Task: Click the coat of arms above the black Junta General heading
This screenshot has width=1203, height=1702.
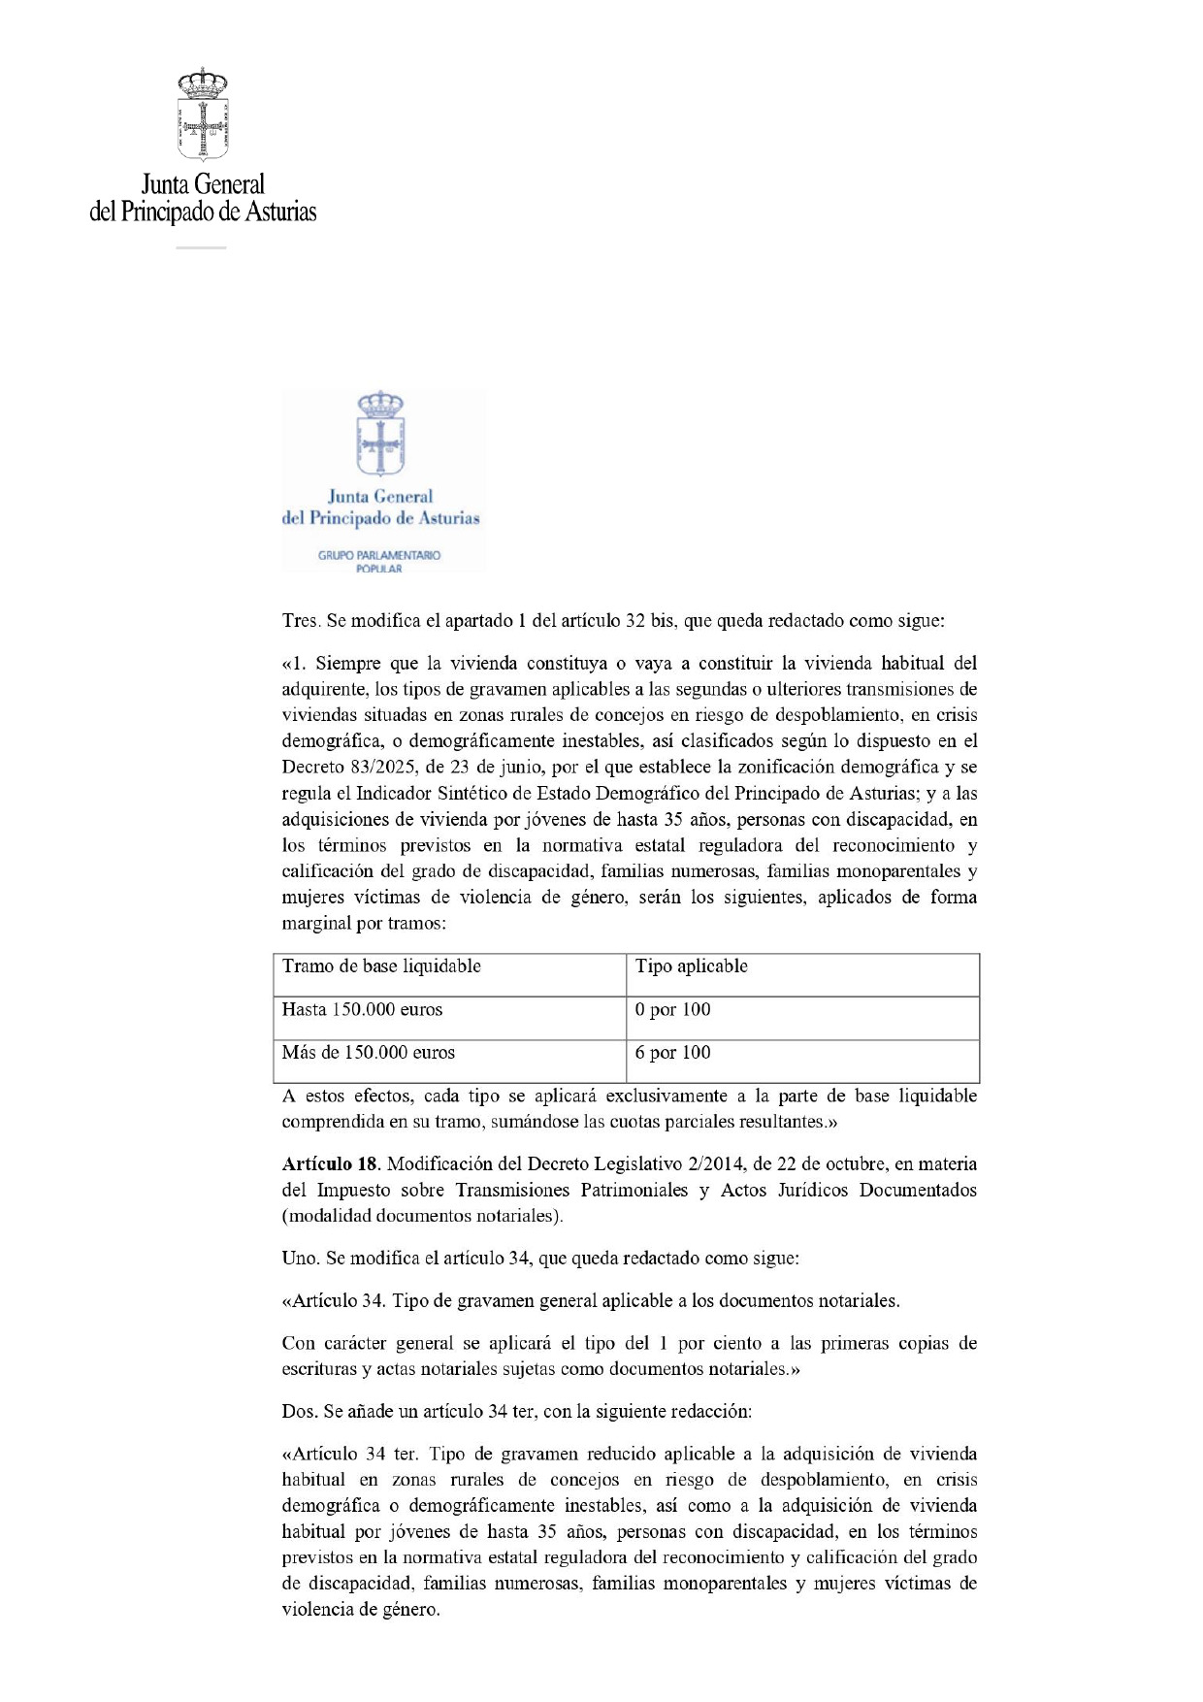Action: coord(203,115)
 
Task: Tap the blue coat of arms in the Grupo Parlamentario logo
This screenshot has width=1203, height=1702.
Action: coord(380,434)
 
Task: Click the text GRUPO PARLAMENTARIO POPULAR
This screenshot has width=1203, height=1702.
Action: coord(379,562)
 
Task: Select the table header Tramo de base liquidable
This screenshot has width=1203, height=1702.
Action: coord(381,966)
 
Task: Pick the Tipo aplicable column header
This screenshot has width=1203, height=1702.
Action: coord(692,966)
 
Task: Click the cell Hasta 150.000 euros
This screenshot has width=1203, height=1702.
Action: coord(362,1010)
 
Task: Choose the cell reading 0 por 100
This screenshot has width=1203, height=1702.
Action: coord(673,1010)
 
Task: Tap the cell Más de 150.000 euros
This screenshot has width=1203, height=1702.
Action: coord(369,1053)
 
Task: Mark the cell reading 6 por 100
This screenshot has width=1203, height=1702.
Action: coord(673,1053)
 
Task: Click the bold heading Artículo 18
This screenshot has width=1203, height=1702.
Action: coord(330,1164)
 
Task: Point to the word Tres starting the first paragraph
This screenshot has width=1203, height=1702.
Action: coord(300,621)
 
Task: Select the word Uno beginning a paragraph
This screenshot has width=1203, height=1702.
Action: coord(300,1259)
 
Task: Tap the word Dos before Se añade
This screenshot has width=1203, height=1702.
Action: coord(300,1412)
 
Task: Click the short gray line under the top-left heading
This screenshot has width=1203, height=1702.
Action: coord(201,248)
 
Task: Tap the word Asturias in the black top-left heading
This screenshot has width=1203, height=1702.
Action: coord(280,212)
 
